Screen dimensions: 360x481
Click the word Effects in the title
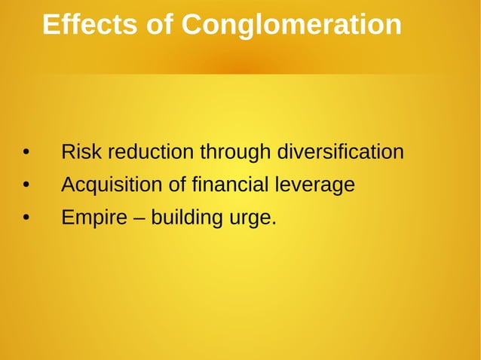pos(89,26)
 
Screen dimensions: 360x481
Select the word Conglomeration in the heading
pos(291,26)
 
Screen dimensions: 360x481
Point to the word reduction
pos(150,152)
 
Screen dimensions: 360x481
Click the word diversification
pos(341,152)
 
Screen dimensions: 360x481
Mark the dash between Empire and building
pos(136,218)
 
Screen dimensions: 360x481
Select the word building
pos(184,218)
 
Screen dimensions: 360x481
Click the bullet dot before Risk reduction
pos(25,153)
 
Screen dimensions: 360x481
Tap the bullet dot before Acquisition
pos(25,185)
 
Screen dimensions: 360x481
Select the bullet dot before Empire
pos(25,218)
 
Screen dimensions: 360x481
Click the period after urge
pos(274,224)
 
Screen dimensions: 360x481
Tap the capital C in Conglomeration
pos(192,26)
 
